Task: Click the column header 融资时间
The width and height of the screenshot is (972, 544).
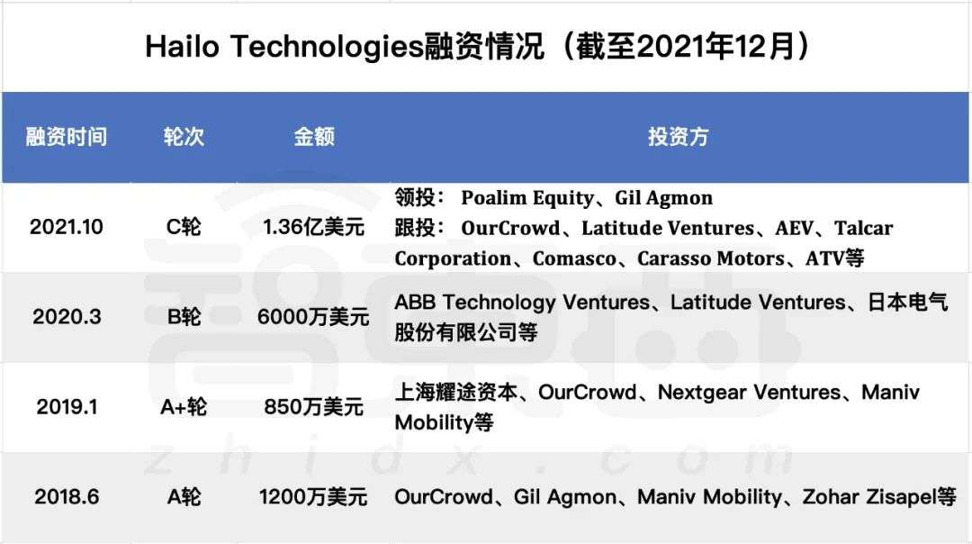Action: [67, 137]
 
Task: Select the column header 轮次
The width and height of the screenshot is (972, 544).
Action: [184, 137]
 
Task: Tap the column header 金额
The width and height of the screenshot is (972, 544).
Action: [314, 137]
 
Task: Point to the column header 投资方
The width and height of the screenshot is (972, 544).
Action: [679, 137]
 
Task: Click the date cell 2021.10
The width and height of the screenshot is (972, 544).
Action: [67, 227]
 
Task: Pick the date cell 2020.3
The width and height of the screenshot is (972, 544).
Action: [67, 317]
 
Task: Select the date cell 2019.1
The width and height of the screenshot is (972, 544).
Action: [67, 407]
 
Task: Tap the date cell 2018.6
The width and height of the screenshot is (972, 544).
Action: [67, 497]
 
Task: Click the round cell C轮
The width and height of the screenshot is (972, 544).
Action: [184, 227]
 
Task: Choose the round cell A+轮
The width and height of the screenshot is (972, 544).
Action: [184, 407]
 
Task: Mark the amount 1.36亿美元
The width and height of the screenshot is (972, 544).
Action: [314, 227]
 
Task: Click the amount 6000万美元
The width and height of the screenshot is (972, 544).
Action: [314, 317]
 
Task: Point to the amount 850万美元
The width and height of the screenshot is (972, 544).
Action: [314, 407]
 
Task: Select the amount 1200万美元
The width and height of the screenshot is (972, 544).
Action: [314, 497]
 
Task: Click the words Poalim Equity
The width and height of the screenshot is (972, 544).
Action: [527, 198]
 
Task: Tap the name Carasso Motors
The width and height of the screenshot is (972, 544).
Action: [710, 258]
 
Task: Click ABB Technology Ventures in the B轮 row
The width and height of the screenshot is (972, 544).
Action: [522, 302]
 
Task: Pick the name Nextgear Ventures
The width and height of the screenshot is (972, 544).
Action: [749, 392]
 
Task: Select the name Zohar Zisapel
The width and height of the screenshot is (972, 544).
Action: [869, 497]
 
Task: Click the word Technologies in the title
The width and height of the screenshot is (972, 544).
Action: [327, 47]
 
